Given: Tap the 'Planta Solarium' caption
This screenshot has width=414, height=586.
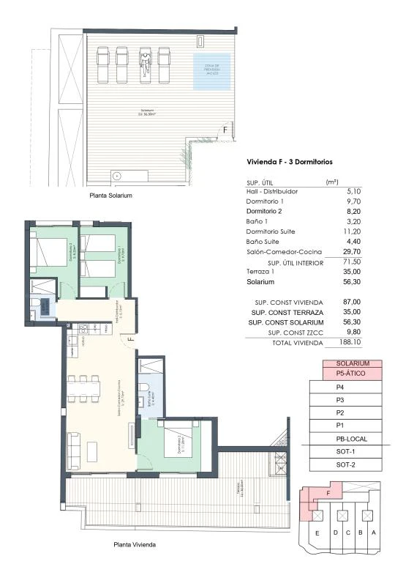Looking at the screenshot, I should coord(110,196).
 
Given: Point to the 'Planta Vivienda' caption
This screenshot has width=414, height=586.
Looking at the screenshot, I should coord(135,545).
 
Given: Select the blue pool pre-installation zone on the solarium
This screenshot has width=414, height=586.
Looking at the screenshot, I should coord(211,71).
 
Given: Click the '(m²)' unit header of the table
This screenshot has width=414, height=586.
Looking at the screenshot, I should coord(331,181).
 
